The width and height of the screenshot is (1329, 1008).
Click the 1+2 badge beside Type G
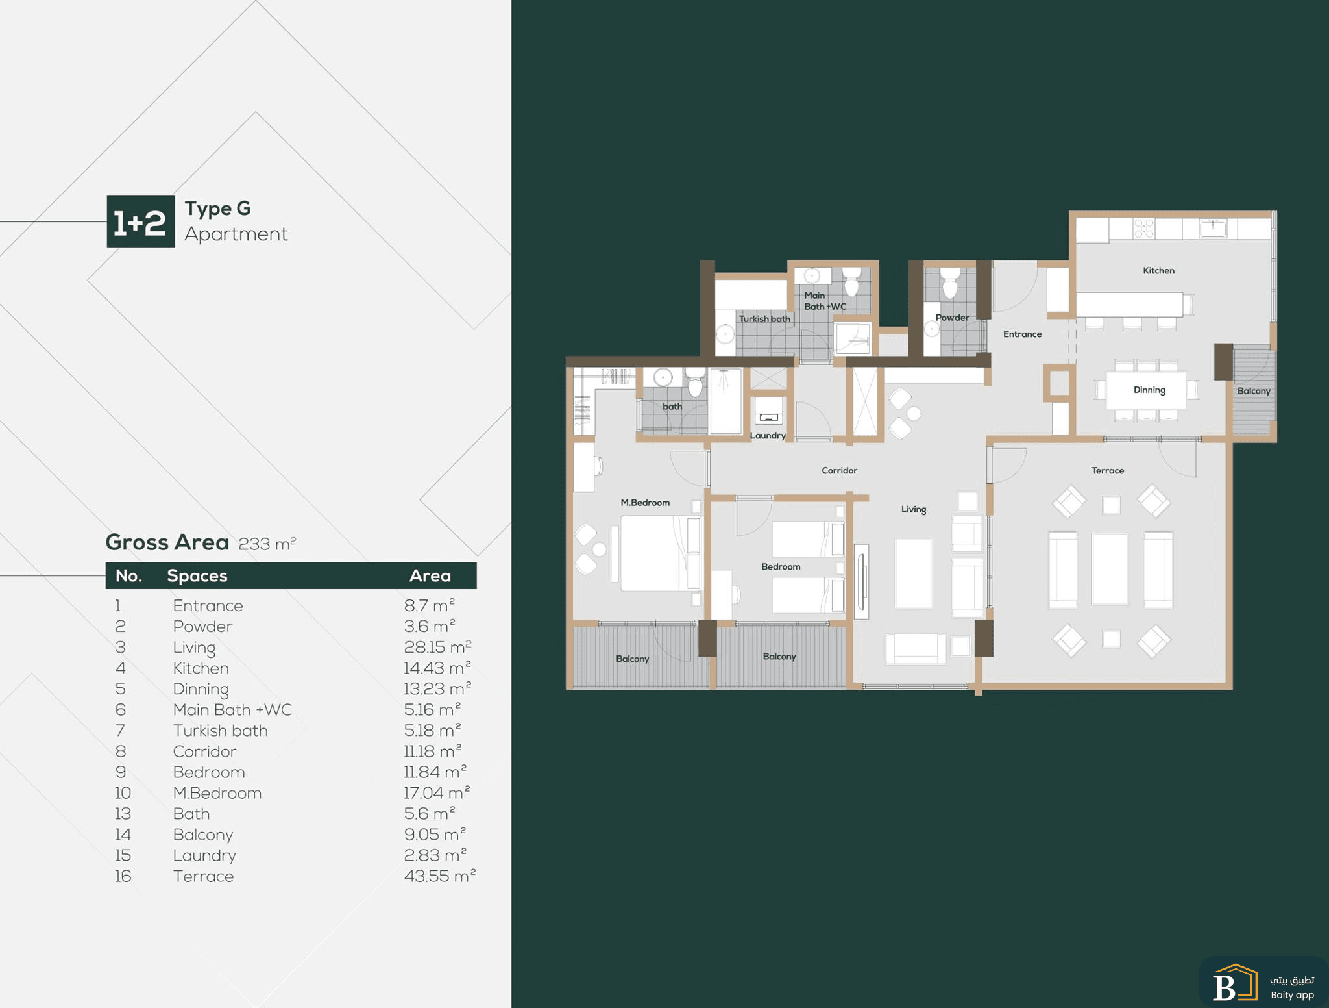pyautogui.click(x=141, y=221)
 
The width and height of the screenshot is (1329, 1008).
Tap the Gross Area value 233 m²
pyautogui.click(x=267, y=544)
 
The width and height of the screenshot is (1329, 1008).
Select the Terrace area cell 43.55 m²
pyautogui.click(x=440, y=876)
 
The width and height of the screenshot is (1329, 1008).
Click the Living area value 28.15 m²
pyautogui.click(x=437, y=647)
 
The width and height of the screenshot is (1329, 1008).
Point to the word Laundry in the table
pyautogui.click(x=204, y=856)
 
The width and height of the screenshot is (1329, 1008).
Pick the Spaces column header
pyautogui.click(x=197, y=576)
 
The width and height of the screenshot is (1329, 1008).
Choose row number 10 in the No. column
pyautogui.click(x=123, y=793)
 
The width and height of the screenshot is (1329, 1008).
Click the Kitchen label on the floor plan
pyautogui.click(x=1158, y=271)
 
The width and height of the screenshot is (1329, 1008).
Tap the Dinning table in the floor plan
pyautogui.click(x=1147, y=390)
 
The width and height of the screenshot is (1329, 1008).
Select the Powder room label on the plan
pyautogui.click(x=952, y=318)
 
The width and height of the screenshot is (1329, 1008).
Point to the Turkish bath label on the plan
pyautogui.click(x=764, y=319)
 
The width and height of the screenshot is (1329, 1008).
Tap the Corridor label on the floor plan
pyautogui.click(x=839, y=470)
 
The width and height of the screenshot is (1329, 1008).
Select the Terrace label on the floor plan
pyautogui.click(x=1108, y=470)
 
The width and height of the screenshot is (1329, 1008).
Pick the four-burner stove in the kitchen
pyautogui.click(x=1144, y=228)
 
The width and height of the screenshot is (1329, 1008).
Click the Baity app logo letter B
pyautogui.click(x=1224, y=987)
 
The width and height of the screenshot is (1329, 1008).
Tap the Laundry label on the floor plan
pyautogui.click(x=768, y=436)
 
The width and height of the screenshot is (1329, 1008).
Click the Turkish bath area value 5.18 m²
pyautogui.click(x=432, y=731)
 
